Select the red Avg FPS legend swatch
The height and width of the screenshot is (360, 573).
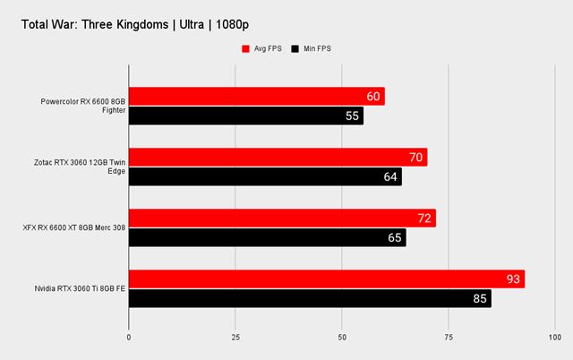pos(244,48)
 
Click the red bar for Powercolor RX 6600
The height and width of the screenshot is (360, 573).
pos(257,97)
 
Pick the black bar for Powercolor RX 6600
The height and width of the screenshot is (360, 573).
pos(246,116)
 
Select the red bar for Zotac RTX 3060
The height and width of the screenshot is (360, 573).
pos(278,158)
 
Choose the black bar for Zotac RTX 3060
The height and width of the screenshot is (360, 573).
pos(265,176)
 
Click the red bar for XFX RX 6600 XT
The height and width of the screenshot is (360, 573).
pos(282,219)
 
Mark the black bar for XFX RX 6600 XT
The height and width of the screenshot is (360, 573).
pos(267,237)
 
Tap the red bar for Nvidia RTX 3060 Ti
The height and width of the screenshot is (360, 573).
pos(327,279)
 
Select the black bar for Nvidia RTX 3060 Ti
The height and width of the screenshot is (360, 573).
pos(310,298)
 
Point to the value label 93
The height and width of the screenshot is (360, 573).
pos(513,279)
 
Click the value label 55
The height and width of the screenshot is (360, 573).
pos(353,116)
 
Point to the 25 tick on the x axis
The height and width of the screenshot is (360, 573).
pos(235,339)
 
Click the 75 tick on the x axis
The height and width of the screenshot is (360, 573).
pos(448,339)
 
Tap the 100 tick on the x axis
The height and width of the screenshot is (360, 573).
pos(553,339)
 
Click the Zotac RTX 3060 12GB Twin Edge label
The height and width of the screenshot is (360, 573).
pos(81,167)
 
